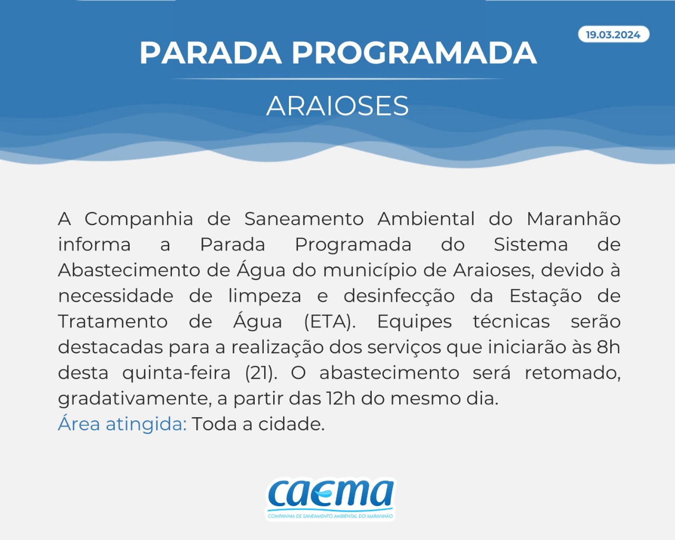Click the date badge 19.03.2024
[613, 34]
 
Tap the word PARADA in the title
[210, 53]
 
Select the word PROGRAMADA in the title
[414, 53]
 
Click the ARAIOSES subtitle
[337, 106]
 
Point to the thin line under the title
[337, 79]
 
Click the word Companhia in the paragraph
[139, 219]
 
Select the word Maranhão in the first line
[573, 218]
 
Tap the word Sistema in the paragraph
[531, 245]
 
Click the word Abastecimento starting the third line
[129, 270]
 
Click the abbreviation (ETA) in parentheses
[330, 322]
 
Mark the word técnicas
[512, 321]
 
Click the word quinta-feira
[176, 373]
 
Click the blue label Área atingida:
[122, 423]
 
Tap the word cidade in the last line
[291, 424]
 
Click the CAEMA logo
[331, 499]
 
